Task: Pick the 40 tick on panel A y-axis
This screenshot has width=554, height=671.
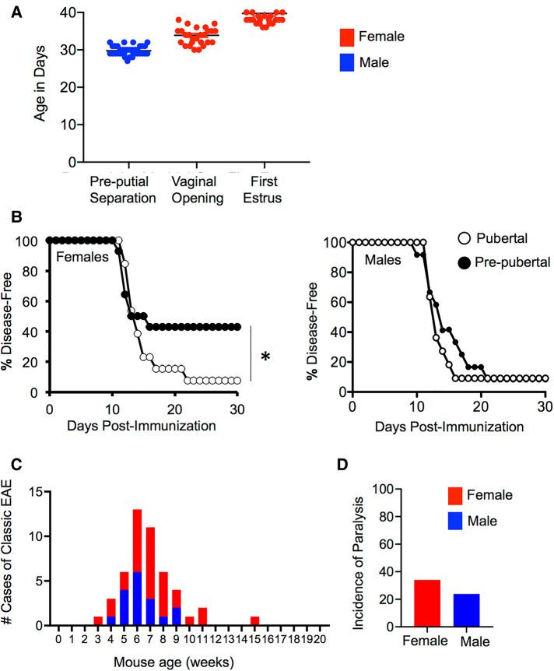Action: coord(71,12)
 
